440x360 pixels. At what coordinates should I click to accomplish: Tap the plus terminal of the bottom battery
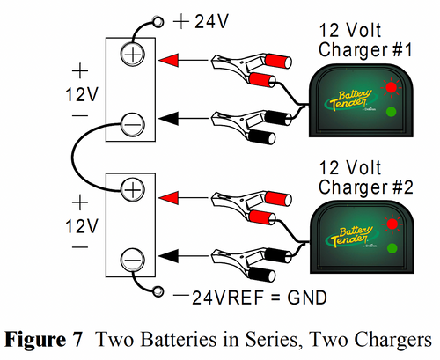132,190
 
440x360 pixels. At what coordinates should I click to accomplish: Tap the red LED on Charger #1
391,86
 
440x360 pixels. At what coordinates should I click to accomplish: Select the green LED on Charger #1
391,112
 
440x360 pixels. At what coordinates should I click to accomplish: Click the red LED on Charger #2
391,224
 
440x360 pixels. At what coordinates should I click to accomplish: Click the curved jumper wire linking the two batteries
76,158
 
